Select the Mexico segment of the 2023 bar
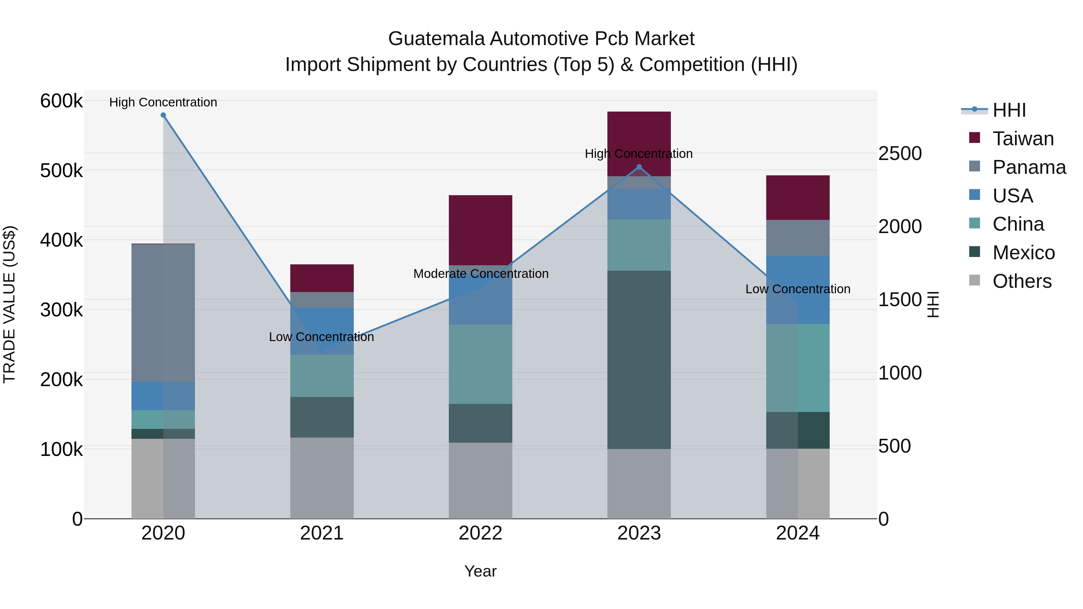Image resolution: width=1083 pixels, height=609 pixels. click(x=639, y=359)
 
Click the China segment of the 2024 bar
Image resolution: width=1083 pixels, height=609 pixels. click(x=798, y=368)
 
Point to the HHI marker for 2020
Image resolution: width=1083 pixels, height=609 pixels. click(x=163, y=115)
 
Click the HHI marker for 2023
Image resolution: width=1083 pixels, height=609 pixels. click(x=639, y=167)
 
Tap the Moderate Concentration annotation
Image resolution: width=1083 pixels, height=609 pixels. click(x=480, y=274)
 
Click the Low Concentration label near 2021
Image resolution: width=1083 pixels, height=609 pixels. click(x=321, y=337)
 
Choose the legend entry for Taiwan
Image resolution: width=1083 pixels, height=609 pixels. click(x=1023, y=139)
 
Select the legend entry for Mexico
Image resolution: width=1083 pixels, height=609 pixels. click(x=1023, y=253)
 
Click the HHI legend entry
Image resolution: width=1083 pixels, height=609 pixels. click(x=1009, y=110)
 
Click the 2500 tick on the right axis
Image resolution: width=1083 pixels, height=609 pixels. click(x=900, y=153)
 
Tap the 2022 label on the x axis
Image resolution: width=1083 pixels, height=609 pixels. click(x=480, y=533)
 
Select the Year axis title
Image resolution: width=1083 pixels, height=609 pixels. click(x=480, y=571)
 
